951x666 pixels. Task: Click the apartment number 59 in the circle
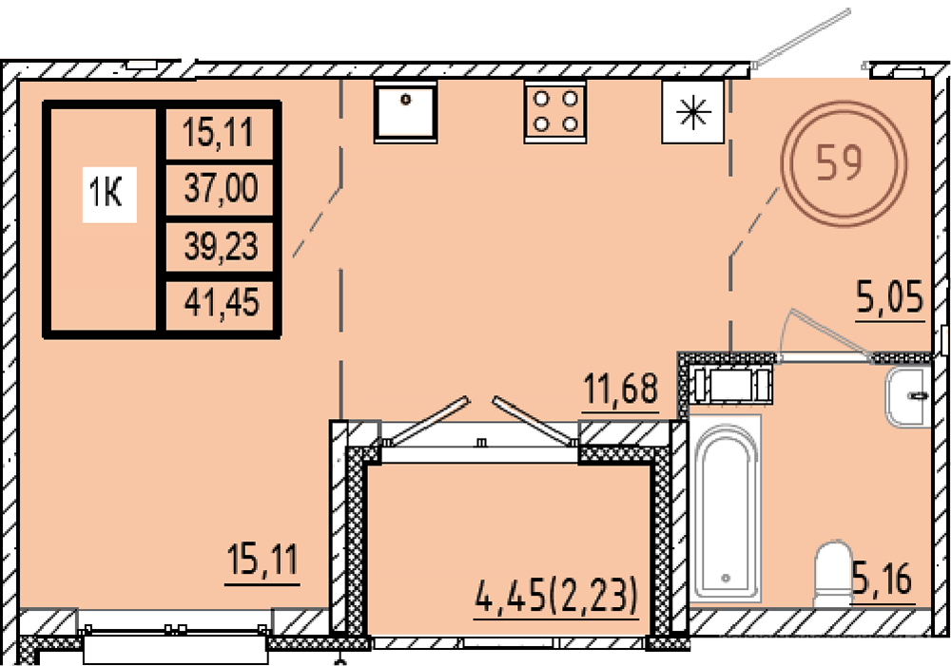click(x=840, y=162)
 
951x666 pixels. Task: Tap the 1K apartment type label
click(x=107, y=193)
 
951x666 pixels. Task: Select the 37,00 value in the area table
click(x=222, y=187)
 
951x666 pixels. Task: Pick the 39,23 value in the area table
click(x=222, y=245)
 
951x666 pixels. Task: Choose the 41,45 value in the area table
click(x=222, y=302)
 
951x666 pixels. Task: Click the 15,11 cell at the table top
click(x=219, y=132)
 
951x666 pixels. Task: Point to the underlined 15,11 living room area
click(x=262, y=560)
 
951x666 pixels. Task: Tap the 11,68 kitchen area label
click(x=620, y=389)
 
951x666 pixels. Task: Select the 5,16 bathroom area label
click(x=883, y=579)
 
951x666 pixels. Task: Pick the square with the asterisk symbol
click(x=692, y=112)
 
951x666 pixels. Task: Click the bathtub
click(x=726, y=508)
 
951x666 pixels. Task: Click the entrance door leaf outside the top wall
click(x=801, y=36)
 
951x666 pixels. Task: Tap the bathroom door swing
click(x=825, y=333)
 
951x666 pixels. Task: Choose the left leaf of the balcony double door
click(x=424, y=420)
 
